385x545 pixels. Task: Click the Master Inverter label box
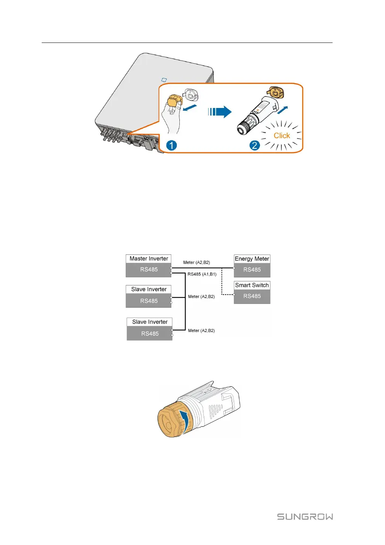coord(148,259)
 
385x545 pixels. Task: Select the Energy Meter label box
coord(252,259)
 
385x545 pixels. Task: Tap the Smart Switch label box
coord(252,285)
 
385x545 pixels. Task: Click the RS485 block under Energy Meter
coord(252,270)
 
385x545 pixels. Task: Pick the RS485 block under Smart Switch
coord(252,296)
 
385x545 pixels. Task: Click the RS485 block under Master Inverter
coord(148,270)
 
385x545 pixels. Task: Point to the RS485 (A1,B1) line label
coord(202,274)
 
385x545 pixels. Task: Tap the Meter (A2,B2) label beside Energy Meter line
coord(196,263)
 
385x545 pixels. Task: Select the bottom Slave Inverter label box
coord(149,322)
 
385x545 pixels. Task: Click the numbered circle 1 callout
coord(171,145)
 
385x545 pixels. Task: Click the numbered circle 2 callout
coord(254,145)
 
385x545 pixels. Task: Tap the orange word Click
coord(282,136)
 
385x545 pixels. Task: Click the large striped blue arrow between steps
coord(220,112)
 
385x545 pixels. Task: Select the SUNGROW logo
coord(305,517)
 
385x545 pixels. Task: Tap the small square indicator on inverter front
coord(164,80)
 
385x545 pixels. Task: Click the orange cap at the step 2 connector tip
coord(275,92)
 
